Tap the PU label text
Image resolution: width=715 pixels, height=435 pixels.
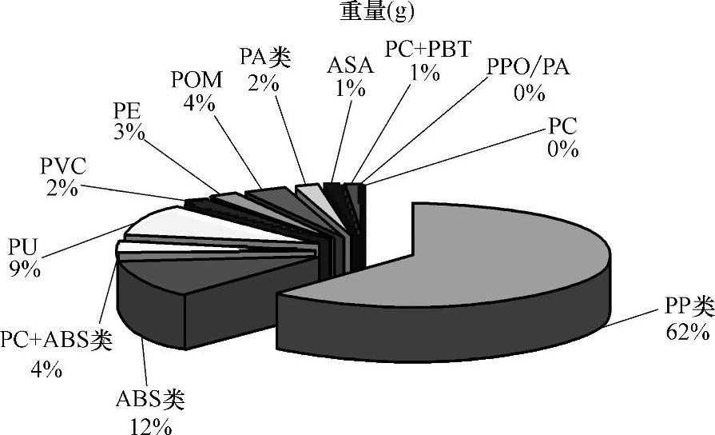(x=22, y=244)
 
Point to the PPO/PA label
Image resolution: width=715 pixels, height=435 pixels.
(x=528, y=66)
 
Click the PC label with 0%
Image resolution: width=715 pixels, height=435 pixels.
(x=562, y=126)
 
